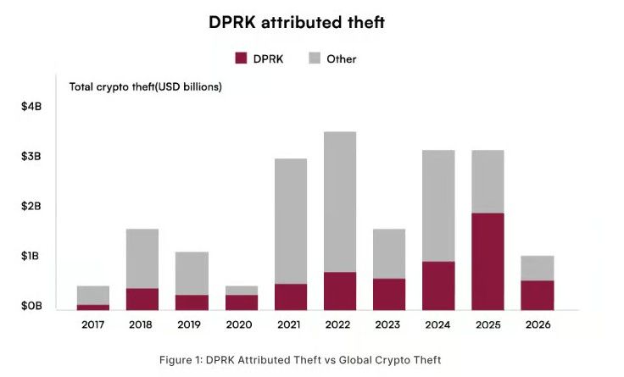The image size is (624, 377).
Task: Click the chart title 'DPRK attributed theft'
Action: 297,22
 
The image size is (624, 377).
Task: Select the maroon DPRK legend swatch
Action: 241,58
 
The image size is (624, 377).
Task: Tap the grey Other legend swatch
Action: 315,58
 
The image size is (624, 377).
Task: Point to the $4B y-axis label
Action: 31,107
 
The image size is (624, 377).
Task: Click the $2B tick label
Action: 31,206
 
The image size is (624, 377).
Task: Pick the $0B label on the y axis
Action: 31,306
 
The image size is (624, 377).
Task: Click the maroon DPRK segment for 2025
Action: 487,261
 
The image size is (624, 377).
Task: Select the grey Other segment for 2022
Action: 340,202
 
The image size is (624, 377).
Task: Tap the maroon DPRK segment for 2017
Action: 93,307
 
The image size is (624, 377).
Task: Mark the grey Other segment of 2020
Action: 242,291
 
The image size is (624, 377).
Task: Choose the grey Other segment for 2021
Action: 291,221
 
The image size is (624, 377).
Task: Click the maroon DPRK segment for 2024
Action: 438,286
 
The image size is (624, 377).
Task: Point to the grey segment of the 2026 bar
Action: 538,268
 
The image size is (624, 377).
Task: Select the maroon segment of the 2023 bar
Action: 389,294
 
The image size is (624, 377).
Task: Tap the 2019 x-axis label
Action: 189,324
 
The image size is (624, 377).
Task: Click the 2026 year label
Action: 538,324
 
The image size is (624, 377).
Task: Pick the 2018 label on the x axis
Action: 141,324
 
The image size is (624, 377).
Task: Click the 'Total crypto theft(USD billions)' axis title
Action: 146,86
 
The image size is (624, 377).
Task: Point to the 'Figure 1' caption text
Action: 300,360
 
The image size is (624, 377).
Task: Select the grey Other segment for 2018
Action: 142,258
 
